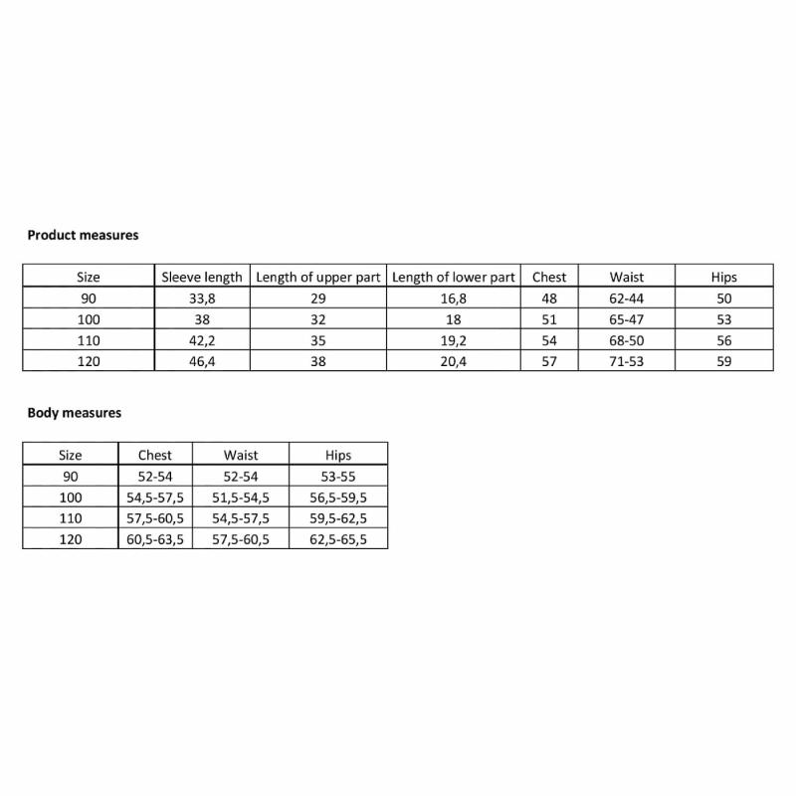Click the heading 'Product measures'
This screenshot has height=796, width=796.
(x=83, y=236)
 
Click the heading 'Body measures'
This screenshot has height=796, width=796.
(x=75, y=413)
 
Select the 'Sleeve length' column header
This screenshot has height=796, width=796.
(x=202, y=278)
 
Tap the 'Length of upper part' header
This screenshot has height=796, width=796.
(x=318, y=278)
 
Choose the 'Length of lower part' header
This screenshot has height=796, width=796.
(x=454, y=278)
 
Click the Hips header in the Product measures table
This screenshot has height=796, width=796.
(x=724, y=278)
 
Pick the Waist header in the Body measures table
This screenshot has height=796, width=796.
(x=241, y=456)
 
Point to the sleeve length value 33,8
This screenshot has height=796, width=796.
(x=202, y=298)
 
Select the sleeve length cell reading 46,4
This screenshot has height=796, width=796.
(x=202, y=361)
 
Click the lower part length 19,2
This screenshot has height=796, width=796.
(x=454, y=340)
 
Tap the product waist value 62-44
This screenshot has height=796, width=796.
(x=627, y=298)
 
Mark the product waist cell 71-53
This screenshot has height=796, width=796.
(x=627, y=361)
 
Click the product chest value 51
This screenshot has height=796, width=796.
(x=549, y=319)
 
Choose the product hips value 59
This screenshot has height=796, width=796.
(x=724, y=361)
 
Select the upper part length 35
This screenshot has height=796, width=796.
(x=318, y=340)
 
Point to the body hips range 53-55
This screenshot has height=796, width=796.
(x=338, y=477)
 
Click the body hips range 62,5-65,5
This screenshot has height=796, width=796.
(x=338, y=539)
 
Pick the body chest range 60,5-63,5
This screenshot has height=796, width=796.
(x=155, y=539)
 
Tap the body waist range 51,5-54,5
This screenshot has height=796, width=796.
(x=241, y=497)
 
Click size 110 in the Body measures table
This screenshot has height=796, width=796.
(x=71, y=518)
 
